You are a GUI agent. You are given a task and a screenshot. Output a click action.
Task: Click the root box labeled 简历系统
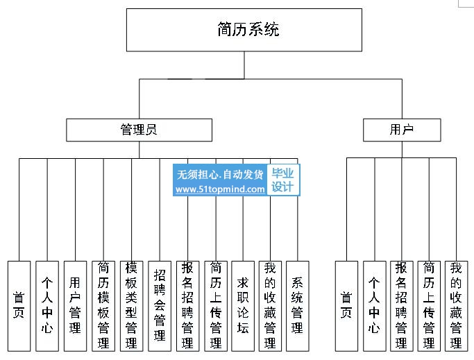tap(244, 30)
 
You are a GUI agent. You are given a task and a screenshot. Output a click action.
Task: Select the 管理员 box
tap(139, 130)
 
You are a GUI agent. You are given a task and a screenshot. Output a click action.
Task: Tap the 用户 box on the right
tap(402, 130)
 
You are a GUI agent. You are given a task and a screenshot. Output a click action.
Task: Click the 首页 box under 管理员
tap(19, 306)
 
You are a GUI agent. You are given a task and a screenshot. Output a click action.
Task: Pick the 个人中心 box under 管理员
tap(47, 306)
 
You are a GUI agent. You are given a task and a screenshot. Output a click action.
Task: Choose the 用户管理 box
tap(75, 306)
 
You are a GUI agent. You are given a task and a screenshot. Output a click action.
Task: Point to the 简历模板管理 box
tap(103, 306)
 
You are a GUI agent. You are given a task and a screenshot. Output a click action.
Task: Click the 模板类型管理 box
tap(131, 306)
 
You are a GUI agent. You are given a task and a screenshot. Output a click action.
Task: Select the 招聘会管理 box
tap(160, 306)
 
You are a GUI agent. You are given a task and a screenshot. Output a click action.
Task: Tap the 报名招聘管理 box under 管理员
tap(187, 306)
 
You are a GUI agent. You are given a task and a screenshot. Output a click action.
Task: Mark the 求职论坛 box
tap(243, 306)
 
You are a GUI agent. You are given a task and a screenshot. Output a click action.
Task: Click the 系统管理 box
tap(298, 306)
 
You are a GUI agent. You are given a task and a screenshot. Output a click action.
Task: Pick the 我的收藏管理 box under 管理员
tap(270, 306)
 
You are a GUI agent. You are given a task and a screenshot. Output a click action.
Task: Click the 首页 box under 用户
tap(346, 306)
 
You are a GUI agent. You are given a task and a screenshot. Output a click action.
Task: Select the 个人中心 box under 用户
tap(375, 306)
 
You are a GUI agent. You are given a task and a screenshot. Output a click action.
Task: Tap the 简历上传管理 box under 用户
tap(429, 306)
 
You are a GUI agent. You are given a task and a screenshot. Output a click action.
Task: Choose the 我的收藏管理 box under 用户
tap(456, 306)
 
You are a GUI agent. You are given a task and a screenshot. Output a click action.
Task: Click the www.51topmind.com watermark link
tap(220, 189)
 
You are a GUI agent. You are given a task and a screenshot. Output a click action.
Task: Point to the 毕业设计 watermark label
tap(283, 180)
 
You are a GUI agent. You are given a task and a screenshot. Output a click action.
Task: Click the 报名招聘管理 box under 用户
tap(402, 306)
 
